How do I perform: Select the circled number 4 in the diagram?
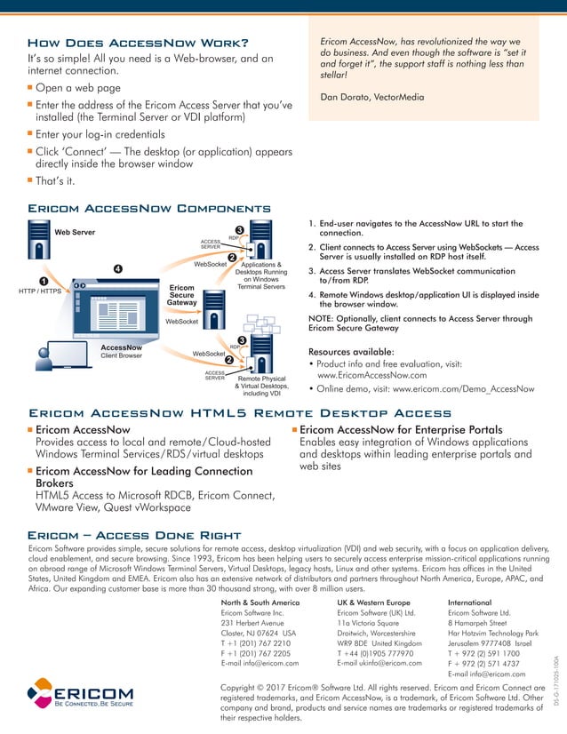[x=117, y=267]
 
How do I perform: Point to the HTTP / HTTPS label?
[x=39, y=291]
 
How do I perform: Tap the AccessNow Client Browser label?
[x=121, y=351]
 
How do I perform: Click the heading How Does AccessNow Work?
[x=138, y=43]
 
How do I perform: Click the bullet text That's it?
[x=55, y=182]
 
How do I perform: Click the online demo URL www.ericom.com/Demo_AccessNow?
[x=462, y=388]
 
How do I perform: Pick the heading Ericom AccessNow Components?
[x=149, y=208]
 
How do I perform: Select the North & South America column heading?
[x=260, y=602]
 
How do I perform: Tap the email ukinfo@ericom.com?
[x=379, y=663]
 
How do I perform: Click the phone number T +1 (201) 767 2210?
[x=255, y=642]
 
